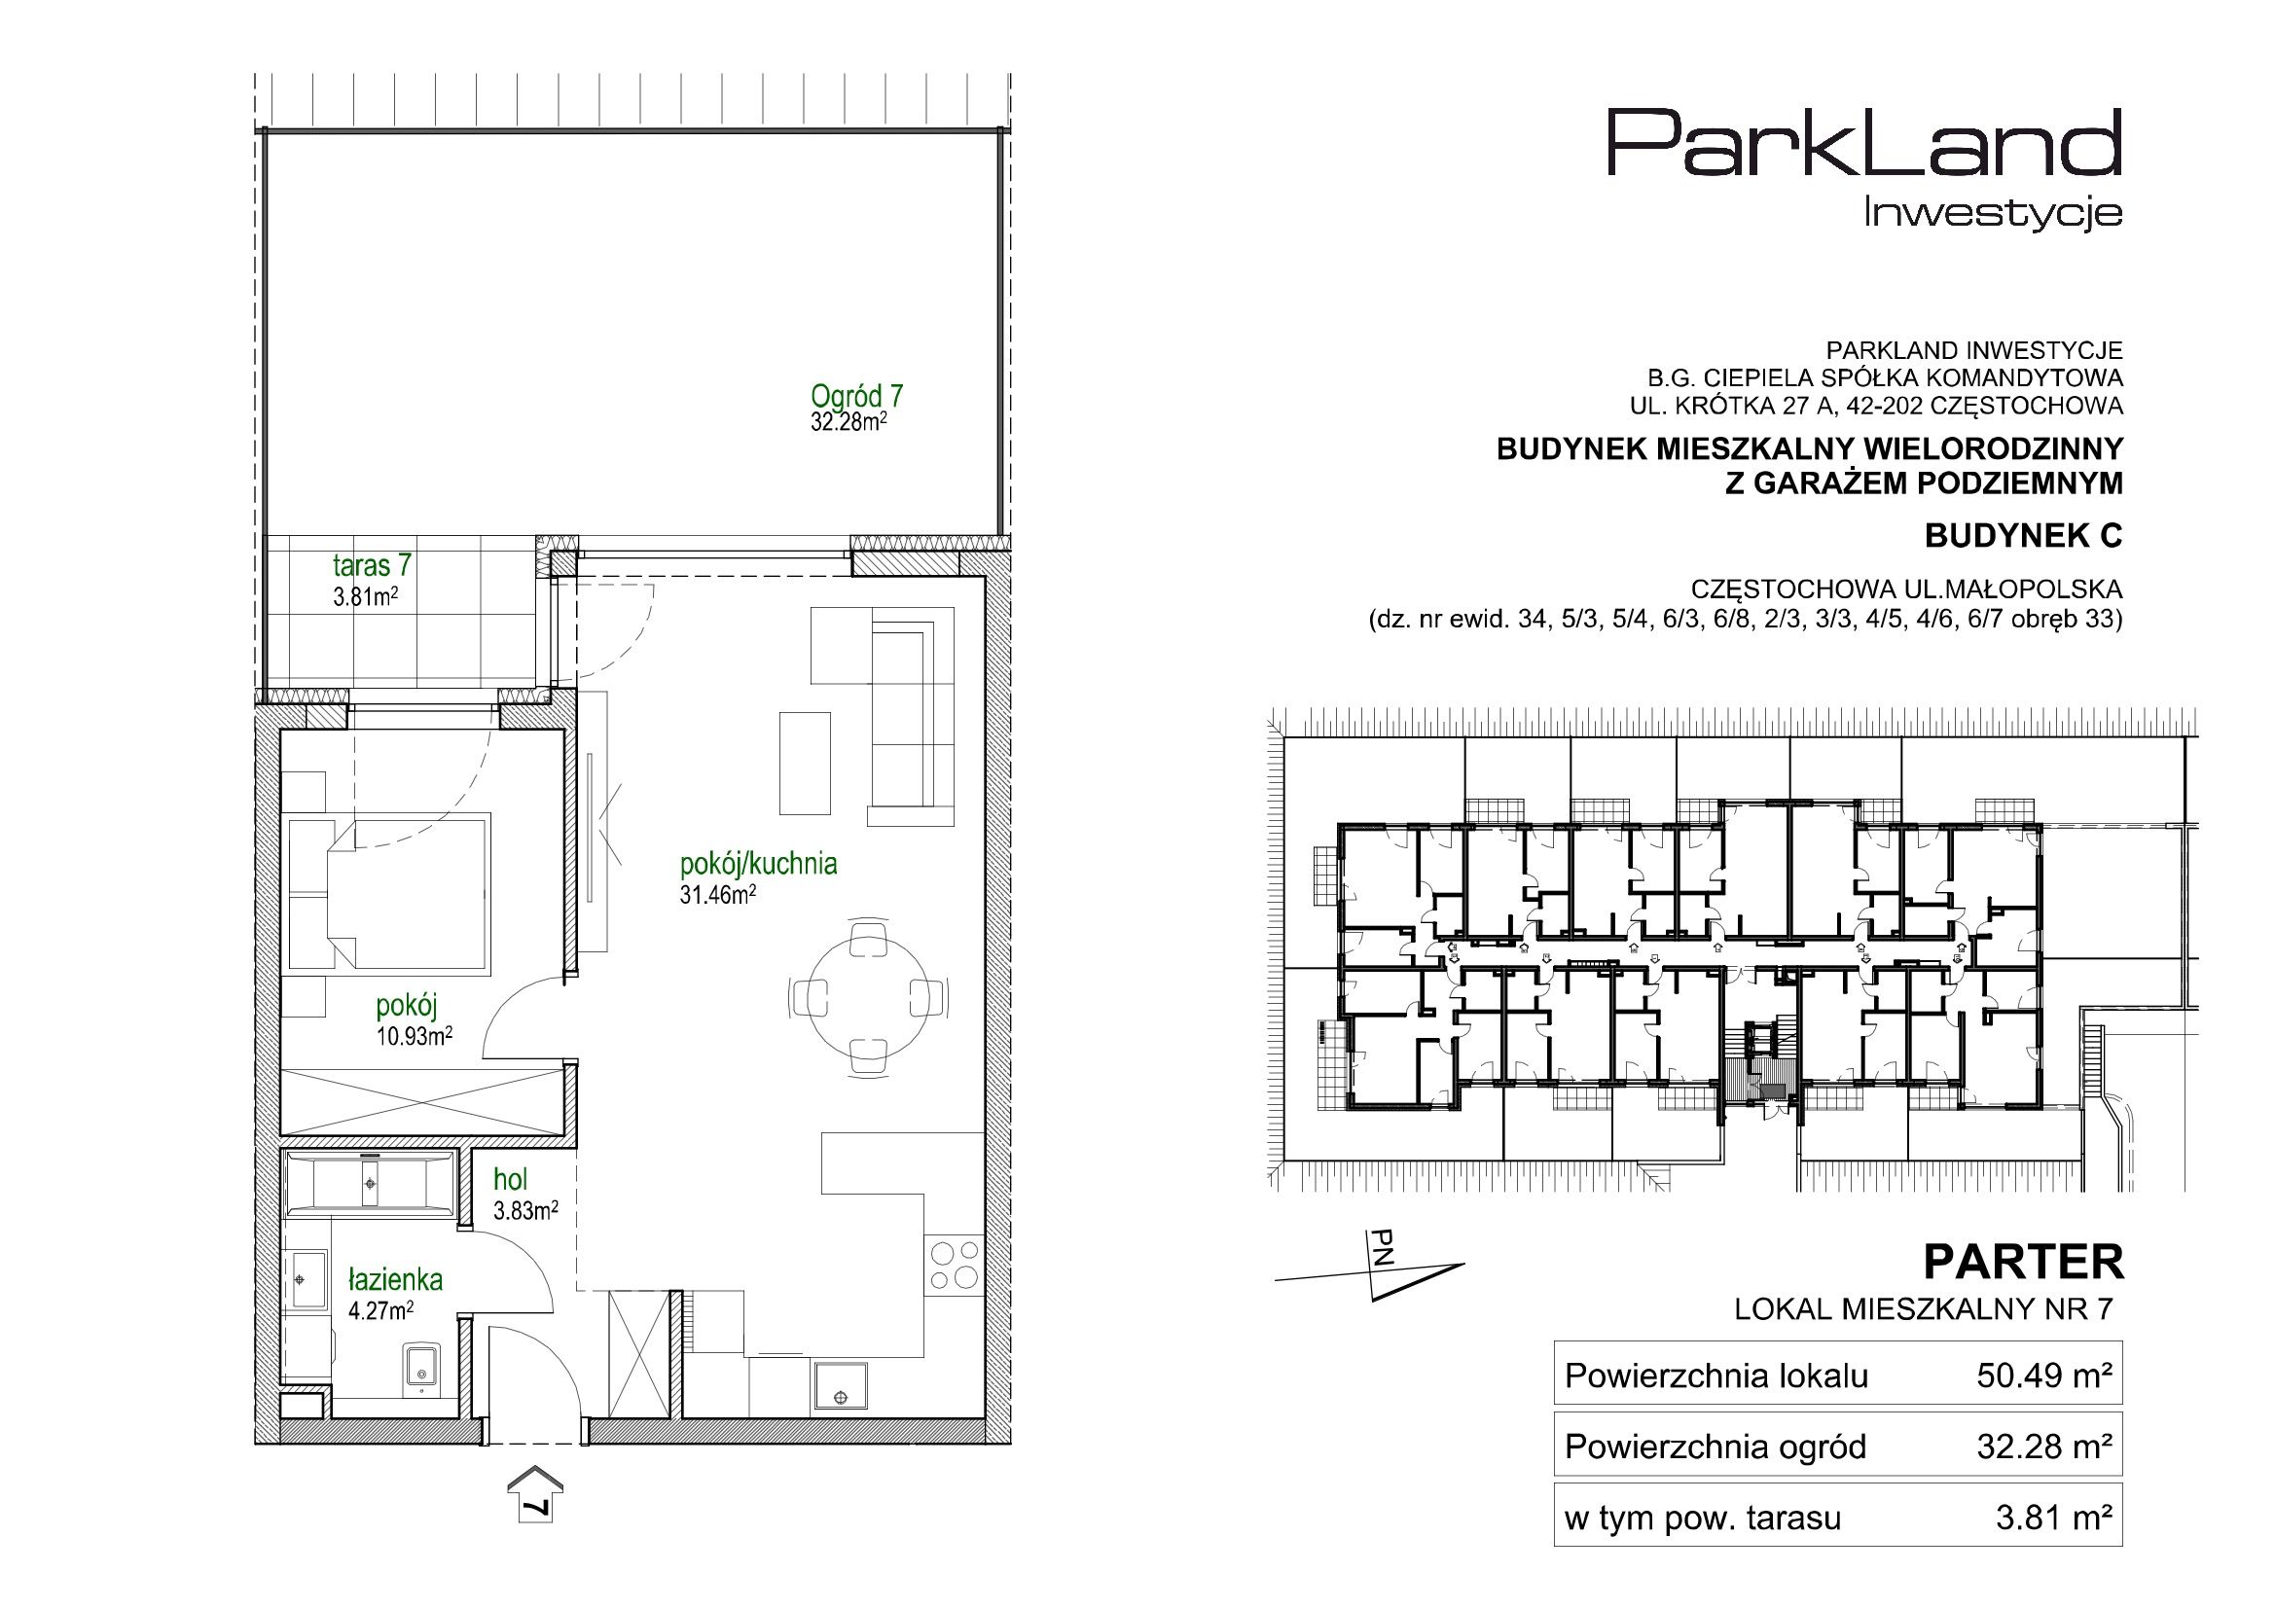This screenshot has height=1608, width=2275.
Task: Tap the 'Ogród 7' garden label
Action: point(856,396)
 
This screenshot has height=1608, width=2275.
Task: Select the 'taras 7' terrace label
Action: point(372,566)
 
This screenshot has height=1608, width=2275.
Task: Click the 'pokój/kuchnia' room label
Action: point(758,865)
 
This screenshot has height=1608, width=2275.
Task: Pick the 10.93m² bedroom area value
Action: point(415,1036)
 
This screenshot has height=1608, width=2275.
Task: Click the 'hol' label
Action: point(510,1179)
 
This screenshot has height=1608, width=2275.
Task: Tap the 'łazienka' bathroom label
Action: point(395,1280)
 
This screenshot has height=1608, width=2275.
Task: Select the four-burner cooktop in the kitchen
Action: point(955,1265)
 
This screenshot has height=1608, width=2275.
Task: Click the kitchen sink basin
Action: point(841,1386)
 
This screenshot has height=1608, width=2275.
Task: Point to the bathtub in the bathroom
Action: point(370,1183)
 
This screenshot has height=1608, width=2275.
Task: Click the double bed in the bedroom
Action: point(390,893)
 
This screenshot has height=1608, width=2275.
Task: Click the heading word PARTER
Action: point(2023,1264)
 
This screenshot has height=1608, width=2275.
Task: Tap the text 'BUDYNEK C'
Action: point(2023,536)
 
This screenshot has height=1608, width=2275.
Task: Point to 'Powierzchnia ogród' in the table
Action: point(1715,1447)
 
